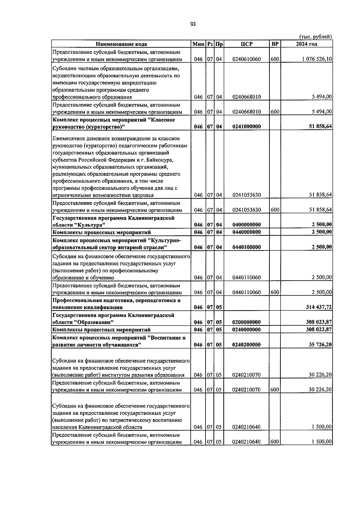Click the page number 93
tap(193, 24)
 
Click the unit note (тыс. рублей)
tap(315, 37)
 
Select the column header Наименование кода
tap(121, 44)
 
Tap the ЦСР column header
tap(247, 44)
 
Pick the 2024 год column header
tap(306, 44)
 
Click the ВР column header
tap(274, 44)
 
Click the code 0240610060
tap(247, 59)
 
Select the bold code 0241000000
tap(247, 127)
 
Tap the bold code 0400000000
tap(247, 225)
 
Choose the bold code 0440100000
tap(247, 247)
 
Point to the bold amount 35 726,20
tap(320, 345)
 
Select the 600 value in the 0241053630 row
tap(274, 210)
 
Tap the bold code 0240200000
tap(247, 345)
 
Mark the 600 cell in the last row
tap(274, 442)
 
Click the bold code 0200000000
tap(247, 322)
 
